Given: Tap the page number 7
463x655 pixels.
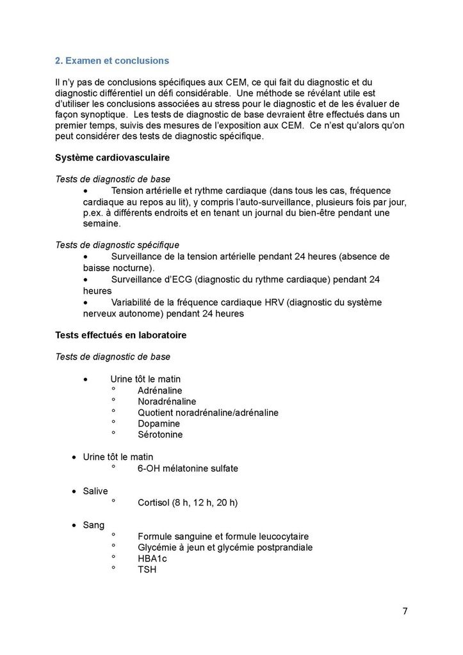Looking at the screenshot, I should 405,611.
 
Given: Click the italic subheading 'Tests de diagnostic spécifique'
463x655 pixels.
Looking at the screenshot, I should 117,245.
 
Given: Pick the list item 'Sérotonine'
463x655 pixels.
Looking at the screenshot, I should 160,435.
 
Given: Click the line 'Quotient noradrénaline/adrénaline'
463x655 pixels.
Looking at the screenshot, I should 207,413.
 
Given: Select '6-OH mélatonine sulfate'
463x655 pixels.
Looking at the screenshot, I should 188,468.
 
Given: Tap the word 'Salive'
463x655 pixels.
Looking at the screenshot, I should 95,491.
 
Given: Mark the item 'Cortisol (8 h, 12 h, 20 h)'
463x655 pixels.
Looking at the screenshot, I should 188,502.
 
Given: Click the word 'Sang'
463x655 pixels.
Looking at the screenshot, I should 93,525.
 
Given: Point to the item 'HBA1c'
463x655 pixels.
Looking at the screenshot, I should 152,558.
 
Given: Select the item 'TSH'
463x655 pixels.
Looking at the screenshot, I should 147,569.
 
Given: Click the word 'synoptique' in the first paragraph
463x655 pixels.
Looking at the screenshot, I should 104,114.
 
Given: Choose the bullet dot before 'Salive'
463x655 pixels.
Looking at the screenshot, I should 74,491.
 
